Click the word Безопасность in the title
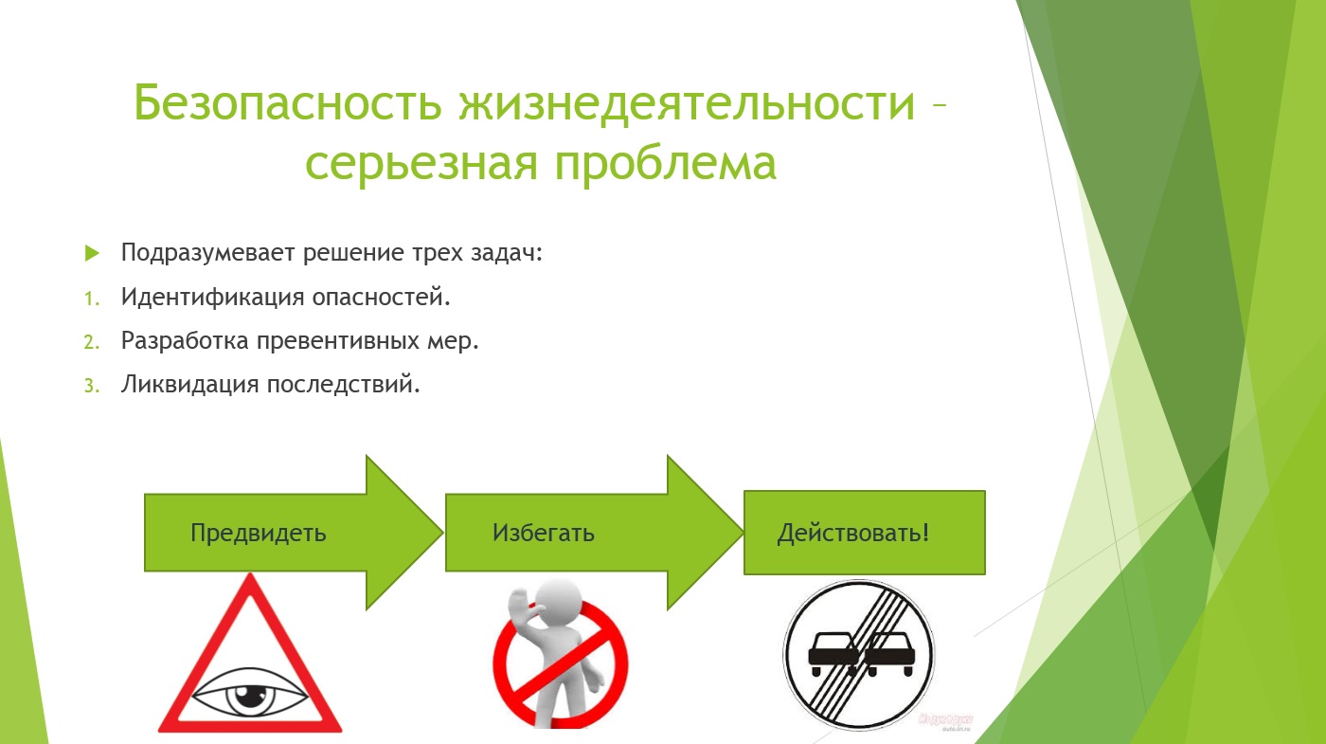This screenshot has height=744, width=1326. tap(288, 102)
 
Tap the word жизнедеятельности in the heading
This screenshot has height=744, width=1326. tap(688, 102)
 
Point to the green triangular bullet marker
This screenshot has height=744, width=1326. tap(93, 253)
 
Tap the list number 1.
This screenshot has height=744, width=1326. tap(92, 298)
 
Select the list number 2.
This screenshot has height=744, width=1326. tap(92, 342)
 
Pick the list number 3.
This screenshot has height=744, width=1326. tap(92, 386)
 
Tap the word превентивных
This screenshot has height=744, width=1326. tap(338, 341)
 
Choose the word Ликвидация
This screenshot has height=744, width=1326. tap(190, 385)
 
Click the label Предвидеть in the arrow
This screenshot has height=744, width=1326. tap(258, 533)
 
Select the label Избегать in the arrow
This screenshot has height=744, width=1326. tap(544, 533)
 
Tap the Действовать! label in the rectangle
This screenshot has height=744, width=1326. tap(853, 533)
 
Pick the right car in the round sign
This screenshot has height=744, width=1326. tap(889, 654)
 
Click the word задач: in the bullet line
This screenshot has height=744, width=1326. tap(507, 253)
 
